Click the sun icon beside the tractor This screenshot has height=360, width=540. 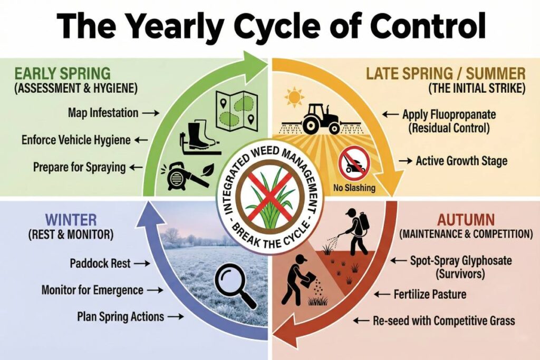(x=294, y=98)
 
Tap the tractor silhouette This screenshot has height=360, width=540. (x=319, y=119)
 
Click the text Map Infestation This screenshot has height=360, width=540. (x=103, y=112)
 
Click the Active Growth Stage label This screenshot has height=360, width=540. (x=461, y=161)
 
